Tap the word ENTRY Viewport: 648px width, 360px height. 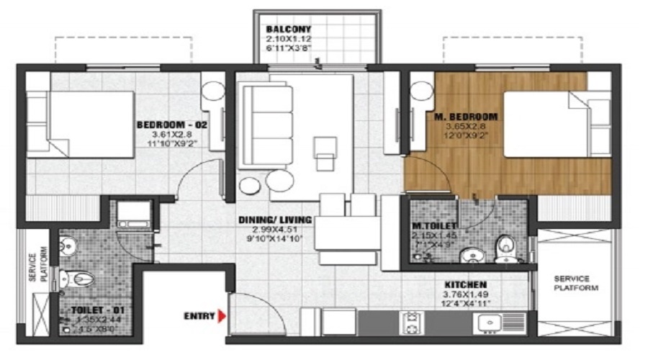click(x=199, y=315)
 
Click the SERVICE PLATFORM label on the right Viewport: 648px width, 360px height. click(x=571, y=282)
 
